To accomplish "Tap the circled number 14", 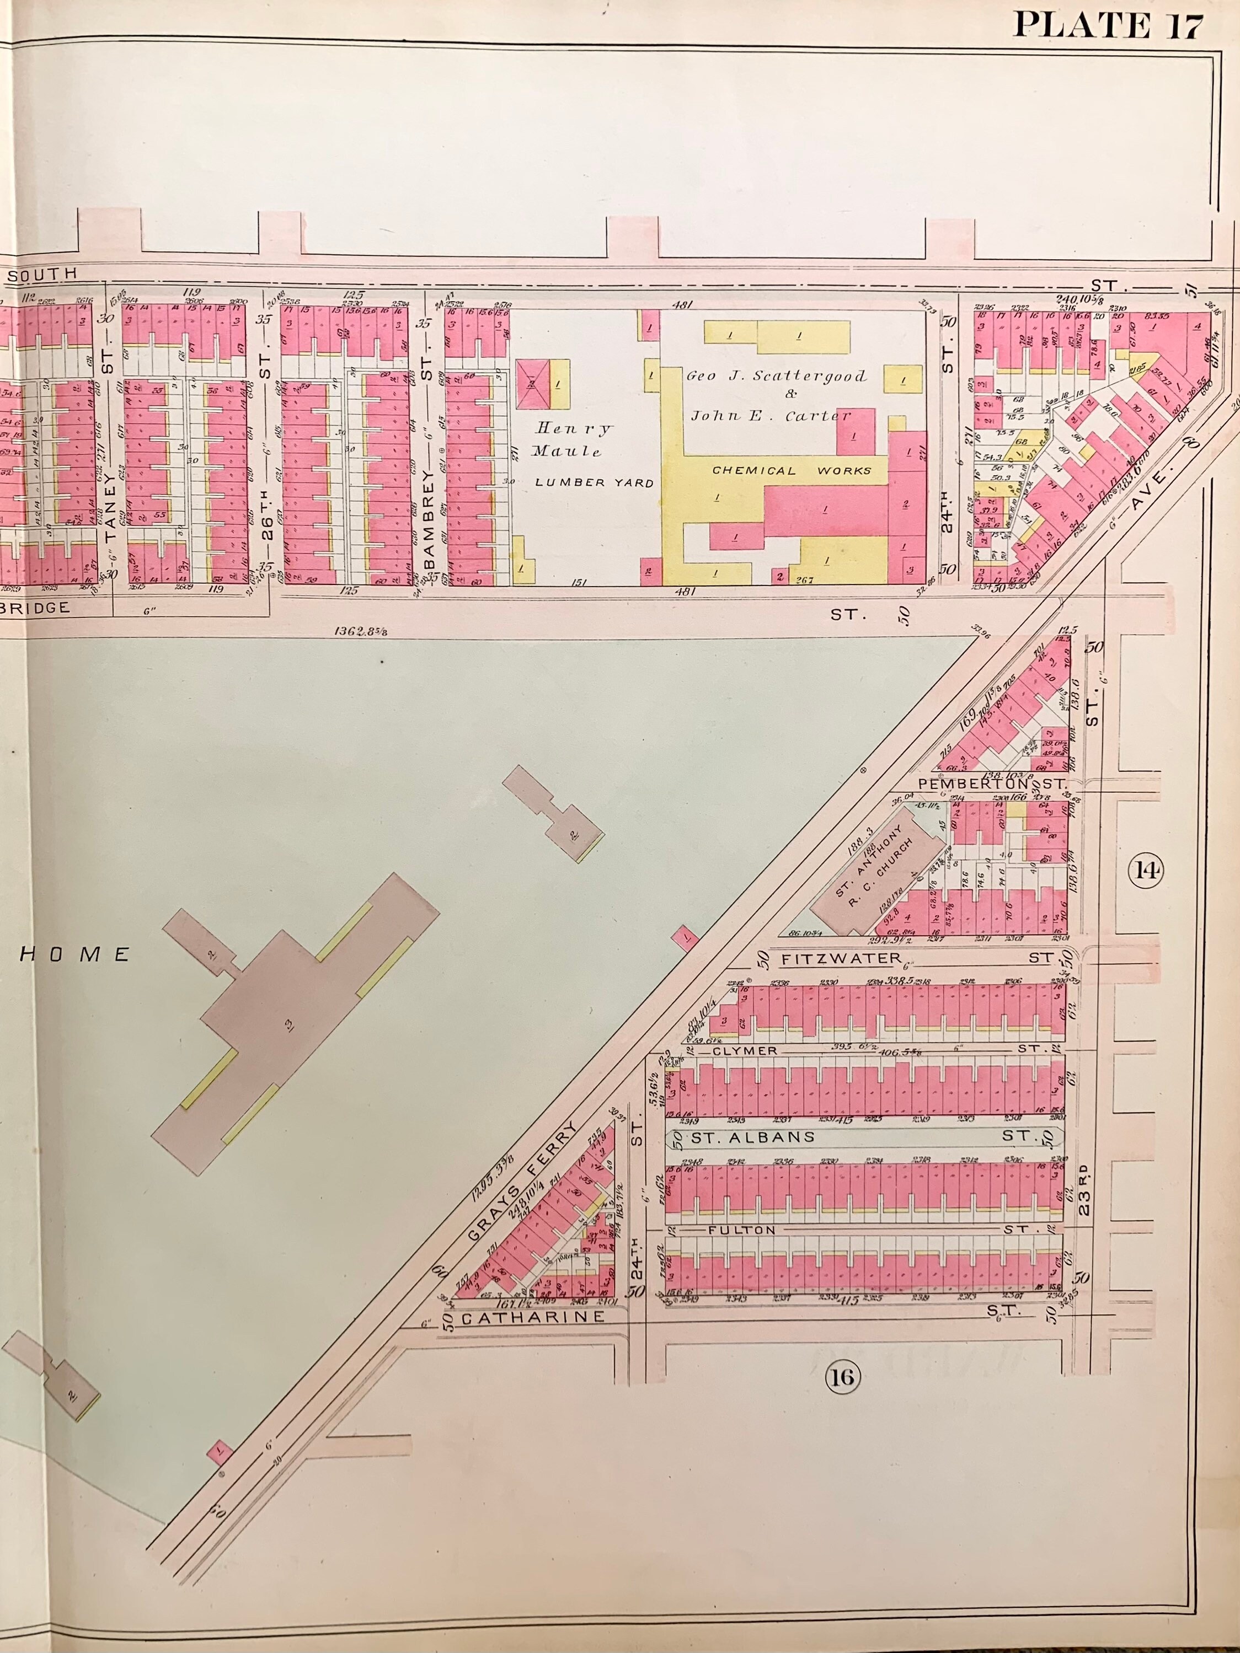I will point(1147,871).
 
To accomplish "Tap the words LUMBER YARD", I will point(594,483).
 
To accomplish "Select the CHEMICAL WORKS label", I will point(792,471).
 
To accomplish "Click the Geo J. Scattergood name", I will point(777,376).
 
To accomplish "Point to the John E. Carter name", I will point(771,416).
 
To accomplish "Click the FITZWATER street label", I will point(842,958).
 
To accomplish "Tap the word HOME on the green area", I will point(75,954).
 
